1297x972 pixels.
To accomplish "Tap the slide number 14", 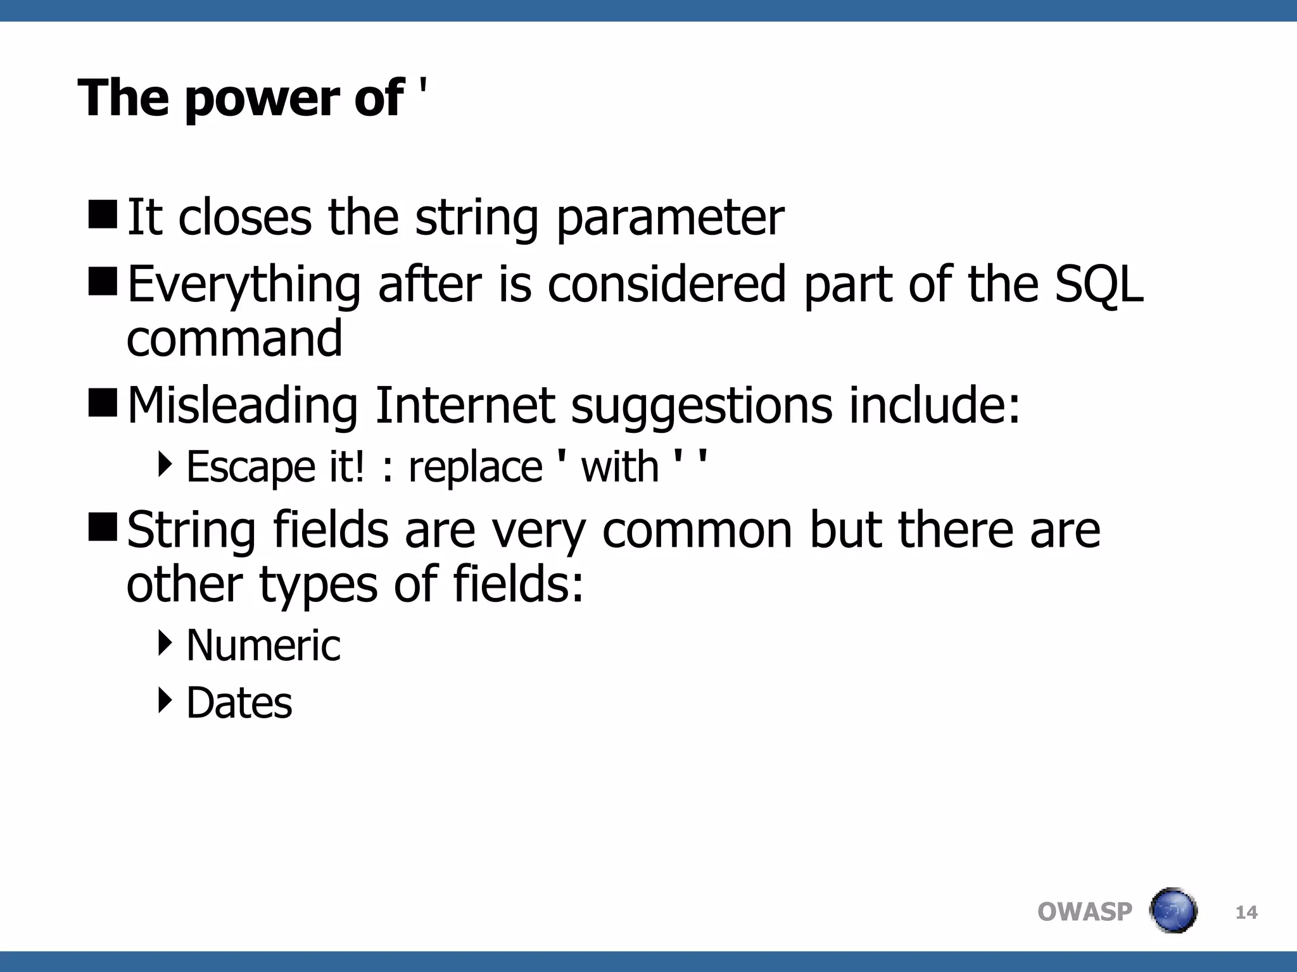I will click(x=1246, y=913).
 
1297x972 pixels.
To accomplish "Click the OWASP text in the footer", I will click(x=1084, y=912).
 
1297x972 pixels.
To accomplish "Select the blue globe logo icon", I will click(x=1173, y=911).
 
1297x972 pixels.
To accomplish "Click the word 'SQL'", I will click(x=1099, y=285).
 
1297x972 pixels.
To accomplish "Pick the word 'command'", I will click(x=234, y=338).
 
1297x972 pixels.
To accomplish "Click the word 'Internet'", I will click(x=465, y=405).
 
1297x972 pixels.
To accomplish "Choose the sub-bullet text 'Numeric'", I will click(x=263, y=645).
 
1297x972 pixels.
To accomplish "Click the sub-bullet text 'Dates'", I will click(x=239, y=703).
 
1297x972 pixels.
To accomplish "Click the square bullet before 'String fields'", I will click(x=103, y=527).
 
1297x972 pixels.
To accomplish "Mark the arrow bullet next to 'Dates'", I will click(x=165, y=700).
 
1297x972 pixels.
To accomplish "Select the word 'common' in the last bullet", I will click(x=697, y=530).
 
